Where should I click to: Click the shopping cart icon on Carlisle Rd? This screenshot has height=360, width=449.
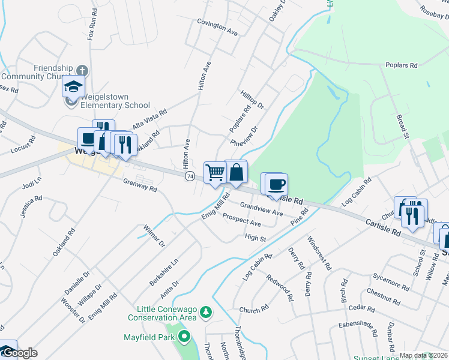(x=215, y=172)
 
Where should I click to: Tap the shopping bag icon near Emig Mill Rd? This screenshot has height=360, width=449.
(x=237, y=171)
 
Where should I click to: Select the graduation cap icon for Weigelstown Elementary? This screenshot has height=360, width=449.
(x=74, y=87)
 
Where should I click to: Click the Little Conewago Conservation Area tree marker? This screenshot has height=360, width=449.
(x=206, y=312)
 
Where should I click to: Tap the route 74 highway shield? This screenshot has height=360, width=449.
(x=190, y=176)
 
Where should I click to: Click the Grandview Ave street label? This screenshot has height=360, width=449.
(x=261, y=208)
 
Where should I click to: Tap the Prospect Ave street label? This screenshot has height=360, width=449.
(x=241, y=220)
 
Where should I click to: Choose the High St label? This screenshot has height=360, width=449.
(x=255, y=238)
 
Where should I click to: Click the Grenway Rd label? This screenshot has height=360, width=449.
(x=140, y=185)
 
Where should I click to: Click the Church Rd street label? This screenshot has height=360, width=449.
(x=253, y=310)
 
